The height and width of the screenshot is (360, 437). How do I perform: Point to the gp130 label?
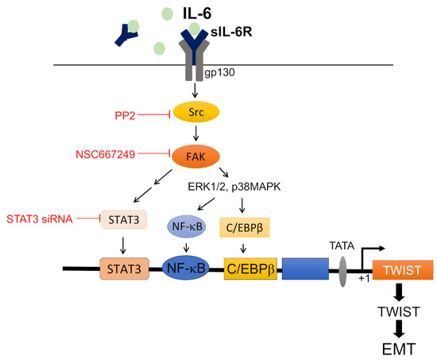[x=225, y=72]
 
